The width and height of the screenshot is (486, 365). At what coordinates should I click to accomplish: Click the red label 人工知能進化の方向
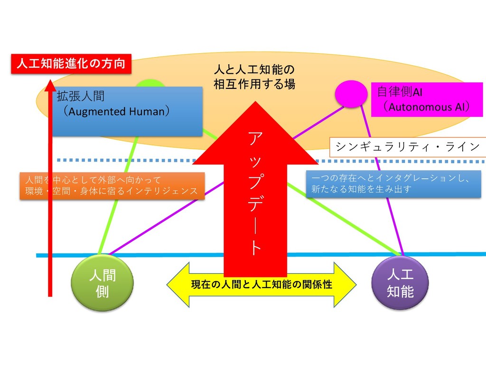pos(71,64)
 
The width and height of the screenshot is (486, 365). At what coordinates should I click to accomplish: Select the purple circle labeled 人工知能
pos(400,283)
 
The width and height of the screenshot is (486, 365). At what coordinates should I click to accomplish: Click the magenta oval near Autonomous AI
pos(351,93)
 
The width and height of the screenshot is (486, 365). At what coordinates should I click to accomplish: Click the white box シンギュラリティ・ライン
pos(407,147)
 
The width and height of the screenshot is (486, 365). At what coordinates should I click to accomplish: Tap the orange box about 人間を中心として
pos(112,185)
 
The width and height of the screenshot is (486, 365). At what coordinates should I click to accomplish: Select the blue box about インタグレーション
pos(393,184)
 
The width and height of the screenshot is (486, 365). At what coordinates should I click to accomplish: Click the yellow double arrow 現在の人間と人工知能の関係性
pos(261,285)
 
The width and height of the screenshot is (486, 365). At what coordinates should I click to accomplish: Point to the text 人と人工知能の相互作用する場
pos(254,77)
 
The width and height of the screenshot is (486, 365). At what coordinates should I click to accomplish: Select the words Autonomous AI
pos(426,107)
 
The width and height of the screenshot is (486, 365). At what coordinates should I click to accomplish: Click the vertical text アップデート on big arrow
pos(255,195)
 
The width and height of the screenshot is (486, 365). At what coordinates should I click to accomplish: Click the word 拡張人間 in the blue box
pos(80,97)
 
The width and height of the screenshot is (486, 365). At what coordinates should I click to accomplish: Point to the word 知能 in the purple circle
pos(400,291)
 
